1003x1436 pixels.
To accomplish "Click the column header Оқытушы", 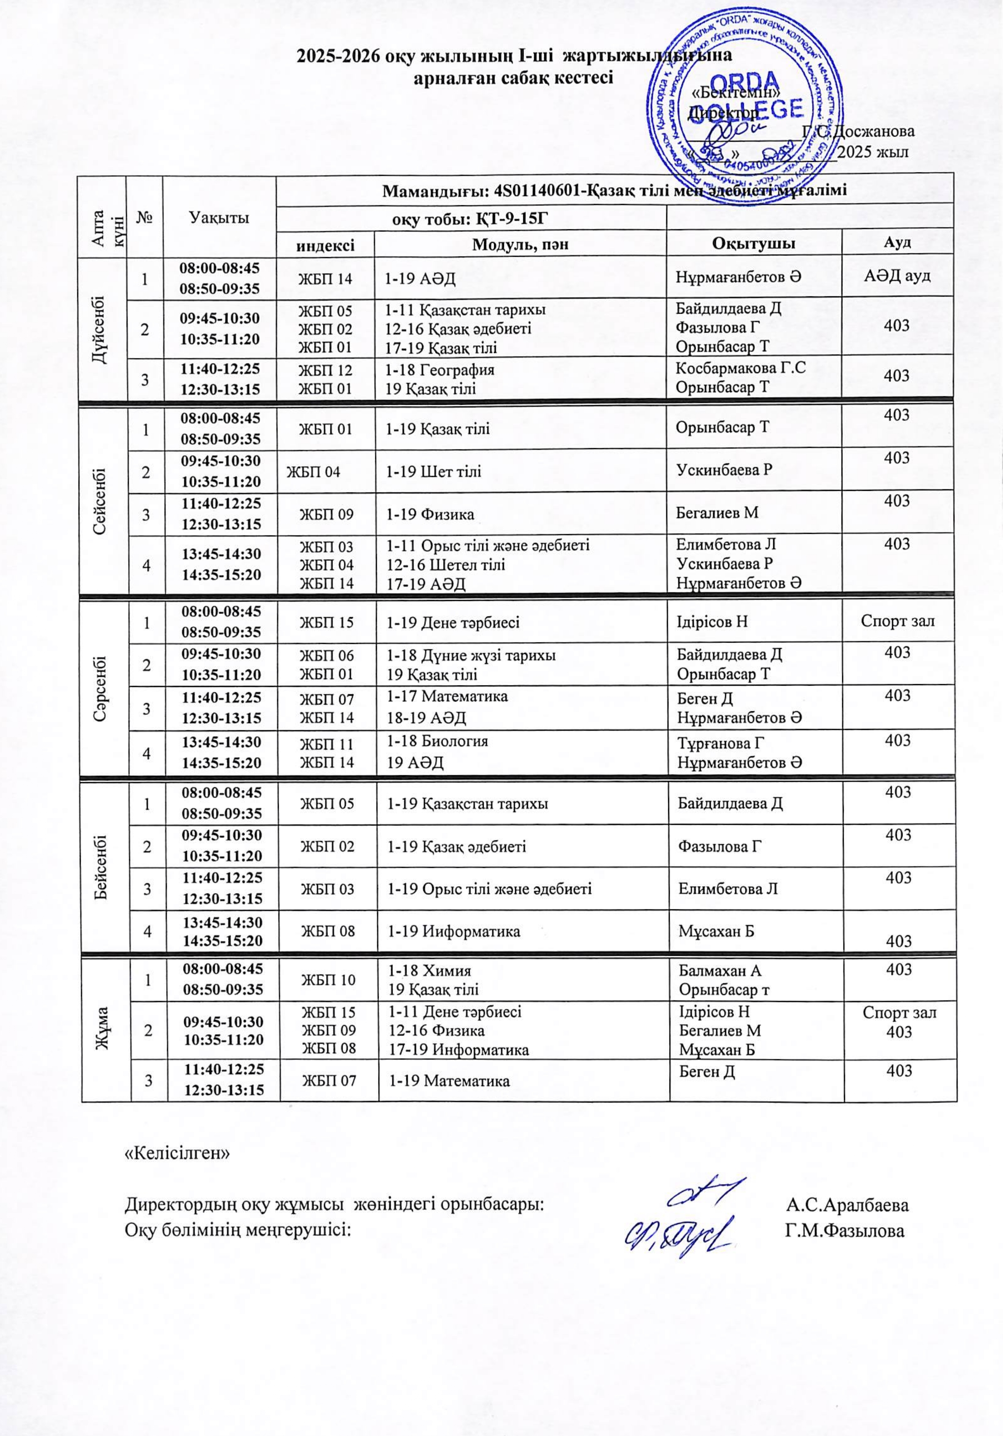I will tap(753, 243).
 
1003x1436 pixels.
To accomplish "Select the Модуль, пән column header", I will tap(520, 243).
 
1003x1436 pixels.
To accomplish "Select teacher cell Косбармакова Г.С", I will tap(740, 369).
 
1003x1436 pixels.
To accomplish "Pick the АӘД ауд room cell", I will tap(897, 276).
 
